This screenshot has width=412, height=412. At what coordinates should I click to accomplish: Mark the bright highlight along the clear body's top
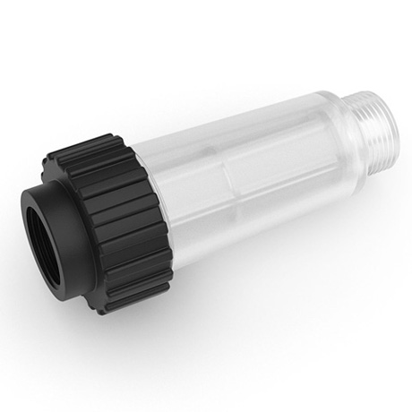[224, 125]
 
